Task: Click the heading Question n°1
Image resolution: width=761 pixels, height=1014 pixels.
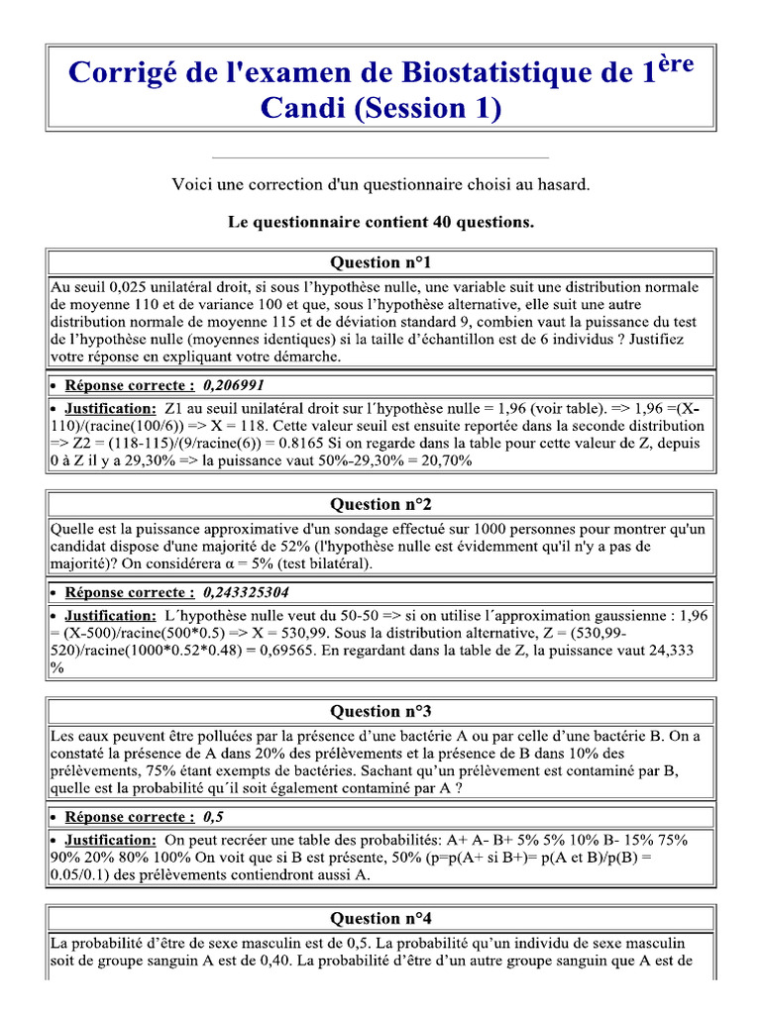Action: (x=380, y=262)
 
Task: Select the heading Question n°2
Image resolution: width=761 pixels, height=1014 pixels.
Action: (x=380, y=504)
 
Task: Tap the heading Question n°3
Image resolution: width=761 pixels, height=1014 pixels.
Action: (x=380, y=711)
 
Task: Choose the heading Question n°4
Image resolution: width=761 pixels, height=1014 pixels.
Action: (x=380, y=918)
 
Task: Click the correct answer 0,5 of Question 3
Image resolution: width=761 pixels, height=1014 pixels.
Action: (x=213, y=817)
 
